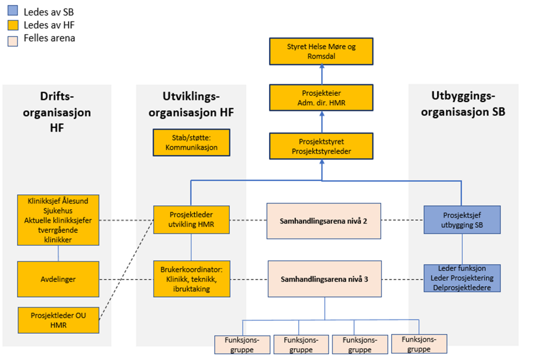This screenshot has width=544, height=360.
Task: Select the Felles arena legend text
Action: point(49,38)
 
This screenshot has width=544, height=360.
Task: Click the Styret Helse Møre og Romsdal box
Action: point(321,51)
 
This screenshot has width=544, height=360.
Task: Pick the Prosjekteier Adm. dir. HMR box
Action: point(321,98)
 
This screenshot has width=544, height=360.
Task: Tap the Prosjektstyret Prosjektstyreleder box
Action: point(321,146)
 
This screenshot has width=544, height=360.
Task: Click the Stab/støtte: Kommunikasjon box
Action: point(191,143)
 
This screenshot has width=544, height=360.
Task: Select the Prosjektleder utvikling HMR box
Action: point(191,220)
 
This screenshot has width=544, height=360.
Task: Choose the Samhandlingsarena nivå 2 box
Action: point(324,220)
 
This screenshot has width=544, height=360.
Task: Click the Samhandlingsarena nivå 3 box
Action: point(324,278)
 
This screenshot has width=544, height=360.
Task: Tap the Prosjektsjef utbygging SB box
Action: point(462,220)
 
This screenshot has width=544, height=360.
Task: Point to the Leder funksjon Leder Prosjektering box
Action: point(462,278)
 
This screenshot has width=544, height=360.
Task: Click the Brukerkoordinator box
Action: point(191,278)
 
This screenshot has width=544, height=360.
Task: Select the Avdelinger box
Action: point(58,279)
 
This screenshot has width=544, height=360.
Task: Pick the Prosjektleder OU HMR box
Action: point(58,320)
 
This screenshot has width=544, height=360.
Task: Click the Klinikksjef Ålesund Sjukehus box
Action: point(58,220)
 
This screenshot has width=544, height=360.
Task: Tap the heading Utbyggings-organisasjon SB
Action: point(463,104)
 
